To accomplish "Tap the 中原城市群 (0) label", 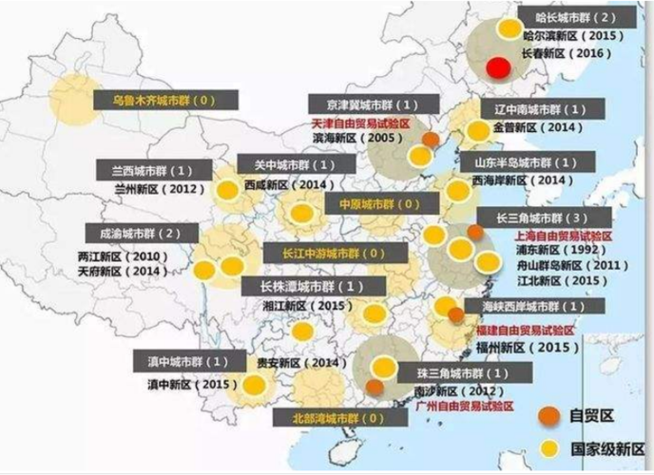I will tap(378, 204).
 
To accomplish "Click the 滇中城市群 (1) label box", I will tap(188, 362).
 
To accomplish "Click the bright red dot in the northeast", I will tap(496, 68).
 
